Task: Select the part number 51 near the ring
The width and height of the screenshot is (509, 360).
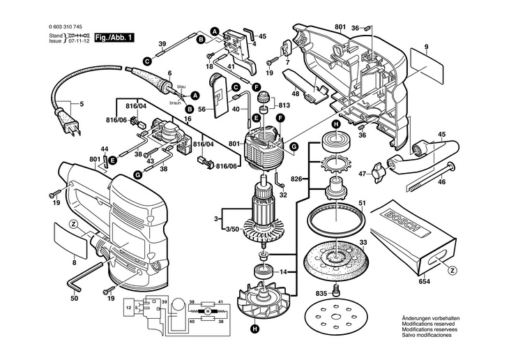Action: (362, 204)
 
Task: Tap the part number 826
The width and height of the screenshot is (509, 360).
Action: (296, 178)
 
